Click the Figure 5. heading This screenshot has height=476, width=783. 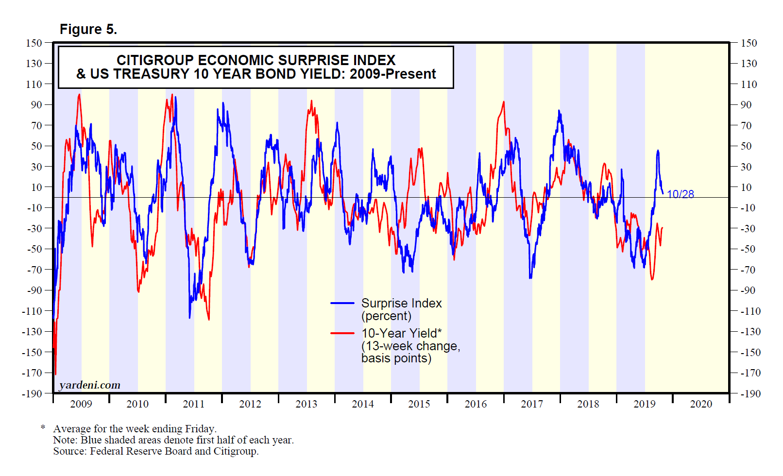pyautogui.click(x=88, y=30)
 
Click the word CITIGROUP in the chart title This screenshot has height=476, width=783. pyautogui.click(x=155, y=60)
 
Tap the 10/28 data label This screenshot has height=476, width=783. pyautogui.click(x=680, y=194)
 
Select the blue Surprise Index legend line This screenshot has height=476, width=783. pyautogui.click(x=342, y=303)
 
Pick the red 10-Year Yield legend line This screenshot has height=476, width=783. pyautogui.click(x=342, y=333)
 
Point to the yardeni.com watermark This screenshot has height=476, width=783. pyautogui.click(x=89, y=385)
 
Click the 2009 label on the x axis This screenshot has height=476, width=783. pyautogui.click(x=81, y=404)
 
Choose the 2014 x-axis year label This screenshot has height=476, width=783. pyautogui.click(x=362, y=404)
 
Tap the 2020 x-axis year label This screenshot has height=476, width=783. pyautogui.click(x=700, y=404)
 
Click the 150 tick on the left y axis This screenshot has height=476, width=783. pyautogui.click(x=34, y=43)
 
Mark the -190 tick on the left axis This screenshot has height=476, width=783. pyautogui.click(x=32, y=393)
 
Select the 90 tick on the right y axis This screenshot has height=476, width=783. pyautogui.click(x=746, y=105)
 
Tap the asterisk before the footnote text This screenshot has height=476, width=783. pyautogui.click(x=43, y=427)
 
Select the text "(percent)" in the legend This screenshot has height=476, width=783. pyautogui.click(x=386, y=316)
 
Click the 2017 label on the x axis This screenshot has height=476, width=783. pyautogui.click(x=531, y=404)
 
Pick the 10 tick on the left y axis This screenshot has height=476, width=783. pyautogui.click(x=36, y=187)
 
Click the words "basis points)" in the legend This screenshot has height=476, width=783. pyautogui.click(x=396, y=358)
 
